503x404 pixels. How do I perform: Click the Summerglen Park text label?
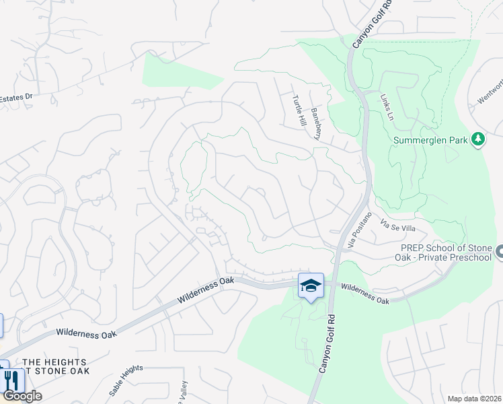click(x=431, y=140)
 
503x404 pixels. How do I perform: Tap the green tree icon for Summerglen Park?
click(x=478, y=139)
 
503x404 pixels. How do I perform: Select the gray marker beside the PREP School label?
click(x=499, y=252)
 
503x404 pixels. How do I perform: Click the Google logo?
click(x=22, y=396)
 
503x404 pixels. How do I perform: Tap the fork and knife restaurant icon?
click(x=11, y=380)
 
